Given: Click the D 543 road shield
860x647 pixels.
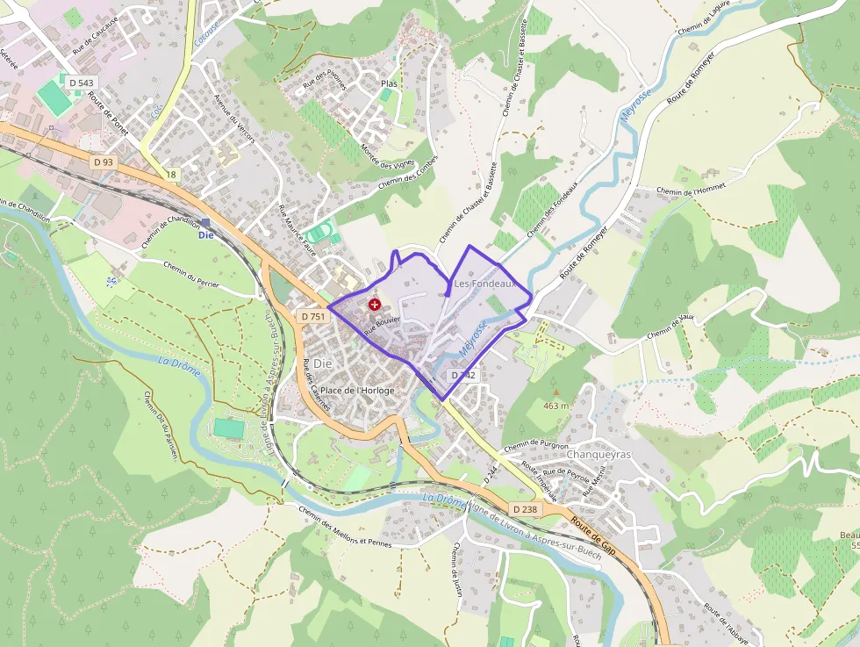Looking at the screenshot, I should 79,83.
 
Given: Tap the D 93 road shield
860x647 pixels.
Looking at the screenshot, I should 104,162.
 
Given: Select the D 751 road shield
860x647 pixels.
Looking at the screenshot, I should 312,316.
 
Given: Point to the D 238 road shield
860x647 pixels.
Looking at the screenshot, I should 524,509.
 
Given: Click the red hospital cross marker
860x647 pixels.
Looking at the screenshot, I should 375,304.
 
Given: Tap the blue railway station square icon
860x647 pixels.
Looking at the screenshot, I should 205,223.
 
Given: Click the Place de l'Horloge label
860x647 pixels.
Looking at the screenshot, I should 357,390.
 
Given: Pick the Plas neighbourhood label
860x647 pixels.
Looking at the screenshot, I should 390,83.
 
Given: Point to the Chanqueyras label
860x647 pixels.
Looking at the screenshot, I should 600,455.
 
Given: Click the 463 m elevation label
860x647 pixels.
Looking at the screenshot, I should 556,406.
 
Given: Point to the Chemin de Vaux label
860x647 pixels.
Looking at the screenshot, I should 670,326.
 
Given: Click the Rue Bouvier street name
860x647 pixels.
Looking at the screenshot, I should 383,325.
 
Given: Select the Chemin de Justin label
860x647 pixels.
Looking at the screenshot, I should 455,571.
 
